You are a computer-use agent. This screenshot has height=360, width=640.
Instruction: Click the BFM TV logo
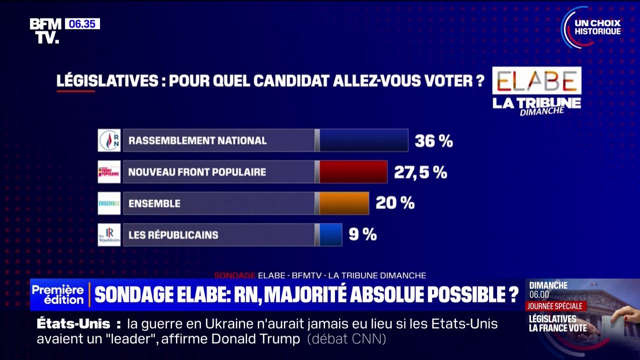pyautogui.click(x=45, y=30)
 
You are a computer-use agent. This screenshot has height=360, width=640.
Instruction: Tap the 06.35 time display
pyautogui.click(x=82, y=23)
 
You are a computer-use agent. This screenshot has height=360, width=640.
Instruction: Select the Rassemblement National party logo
pyautogui.click(x=109, y=140)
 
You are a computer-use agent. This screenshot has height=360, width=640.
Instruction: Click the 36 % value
pyautogui.click(x=433, y=141)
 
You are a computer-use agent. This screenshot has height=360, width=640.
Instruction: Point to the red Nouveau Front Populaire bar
pyautogui.click(x=353, y=172)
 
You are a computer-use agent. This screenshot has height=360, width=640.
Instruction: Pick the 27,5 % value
pyautogui.click(x=420, y=172)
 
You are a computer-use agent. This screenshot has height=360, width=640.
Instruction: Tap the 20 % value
pyautogui.click(x=395, y=203)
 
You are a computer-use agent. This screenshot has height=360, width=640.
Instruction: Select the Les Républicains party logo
pyautogui.click(x=109, y=234)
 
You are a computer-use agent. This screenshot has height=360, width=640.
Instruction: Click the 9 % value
pyautogui.click(x=362, y=234)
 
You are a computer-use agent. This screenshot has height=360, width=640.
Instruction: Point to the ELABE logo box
pyautogui.click(x=536, y=80)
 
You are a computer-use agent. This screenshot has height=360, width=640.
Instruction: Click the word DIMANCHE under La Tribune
pyautogui.click(x=542, y=111)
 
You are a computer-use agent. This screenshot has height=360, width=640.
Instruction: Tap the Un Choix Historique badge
pyautogui.click(x=592, y=27)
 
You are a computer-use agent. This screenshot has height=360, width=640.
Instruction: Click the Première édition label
pyautogui.click(x=58, y=295)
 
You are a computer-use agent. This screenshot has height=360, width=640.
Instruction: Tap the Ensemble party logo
pyautogui.click(x=109, y=203)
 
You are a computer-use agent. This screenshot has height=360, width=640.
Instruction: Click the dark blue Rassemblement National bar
pyautogui.click(x=363, y=140)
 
